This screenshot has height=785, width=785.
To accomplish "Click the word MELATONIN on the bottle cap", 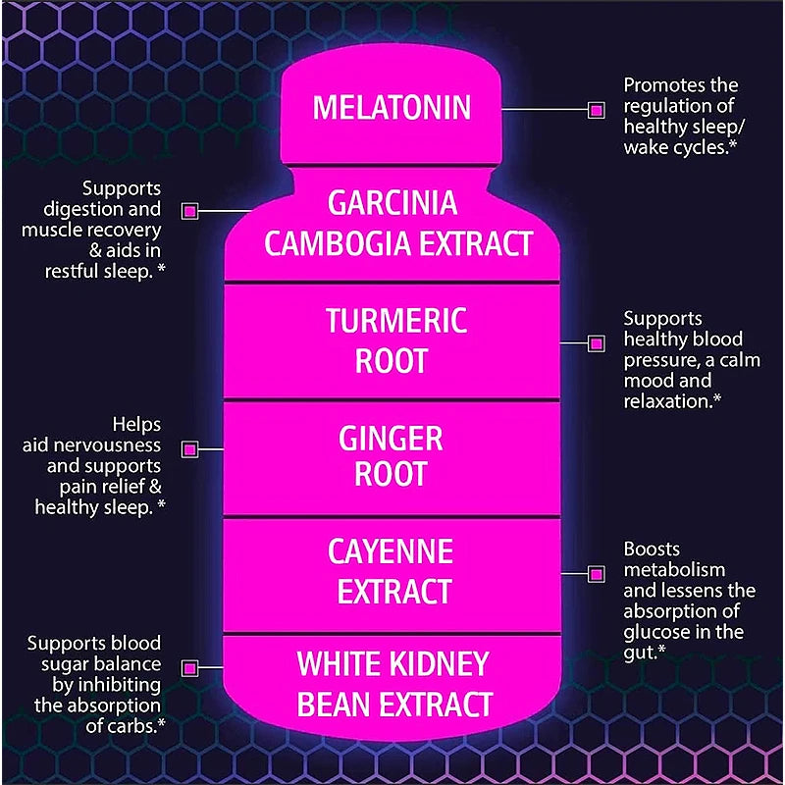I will click(x=392, y=107).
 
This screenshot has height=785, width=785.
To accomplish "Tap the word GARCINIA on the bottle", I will click(x=392, y=203).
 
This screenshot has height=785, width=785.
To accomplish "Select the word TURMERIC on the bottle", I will click(x=396, y=320).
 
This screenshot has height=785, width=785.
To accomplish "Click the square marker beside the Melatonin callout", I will click(x=595, y=110).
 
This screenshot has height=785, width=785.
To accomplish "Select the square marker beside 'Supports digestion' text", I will click(x=190, y=211).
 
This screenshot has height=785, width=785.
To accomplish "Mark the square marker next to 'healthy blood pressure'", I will click(x=595, y=342).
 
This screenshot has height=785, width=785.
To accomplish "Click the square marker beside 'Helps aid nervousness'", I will click(x=190, y=449).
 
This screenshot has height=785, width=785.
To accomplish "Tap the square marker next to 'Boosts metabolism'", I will click(x=595, y=572).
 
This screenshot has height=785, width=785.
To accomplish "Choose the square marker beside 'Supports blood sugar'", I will click(x=190, y=668).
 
